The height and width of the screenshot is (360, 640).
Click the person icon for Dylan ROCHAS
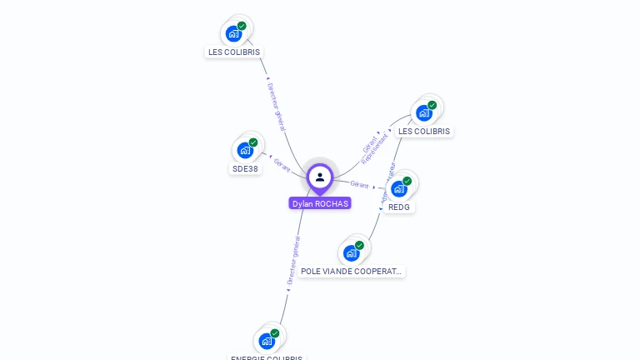coord(320,177)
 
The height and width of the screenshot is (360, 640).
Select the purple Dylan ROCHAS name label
coord(320,203)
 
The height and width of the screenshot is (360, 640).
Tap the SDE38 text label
coord(245,168)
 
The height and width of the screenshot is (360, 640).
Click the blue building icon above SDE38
coord(244,150)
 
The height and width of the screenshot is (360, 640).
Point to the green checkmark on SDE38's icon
coord(253,142)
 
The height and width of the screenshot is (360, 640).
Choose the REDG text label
coord(399,207)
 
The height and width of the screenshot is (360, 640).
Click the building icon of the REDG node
coord(398,188)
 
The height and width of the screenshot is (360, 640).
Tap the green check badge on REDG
coord(407,181)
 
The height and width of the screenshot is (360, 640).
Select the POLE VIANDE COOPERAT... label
coord(352,272)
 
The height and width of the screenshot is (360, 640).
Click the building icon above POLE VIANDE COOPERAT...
coord(351,252)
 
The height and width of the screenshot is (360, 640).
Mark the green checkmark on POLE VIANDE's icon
coord(360,245)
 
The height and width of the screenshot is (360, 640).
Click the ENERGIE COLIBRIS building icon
coord(267,340)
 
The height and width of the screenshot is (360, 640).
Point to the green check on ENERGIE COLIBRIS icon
coord(275,333)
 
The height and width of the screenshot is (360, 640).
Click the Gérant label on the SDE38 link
coord(282,164)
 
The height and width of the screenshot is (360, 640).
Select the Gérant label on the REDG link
coord(360,184)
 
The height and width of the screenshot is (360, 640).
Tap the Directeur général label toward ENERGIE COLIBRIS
coord(292,262)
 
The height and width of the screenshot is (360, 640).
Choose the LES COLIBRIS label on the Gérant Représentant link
coord(424,131)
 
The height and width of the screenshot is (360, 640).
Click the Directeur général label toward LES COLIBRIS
coord(276,107)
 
